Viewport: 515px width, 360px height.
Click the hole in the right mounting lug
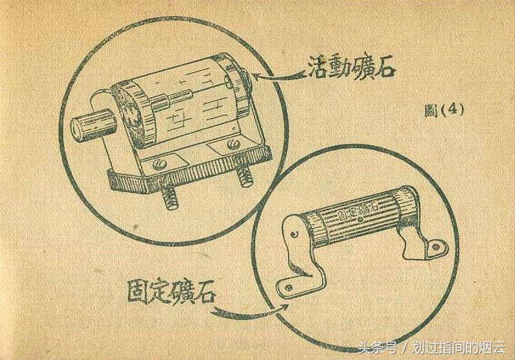pyautogui.click(x=438, y=245)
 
